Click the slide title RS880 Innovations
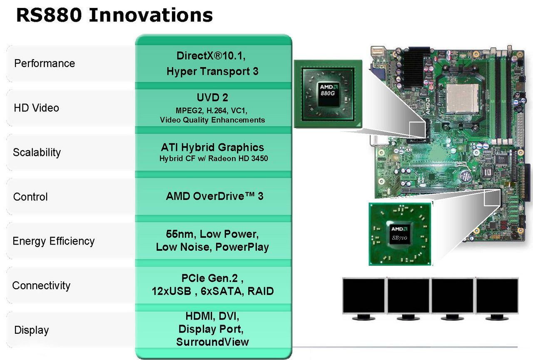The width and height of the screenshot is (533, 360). pyautogui.click(x=115, y=15)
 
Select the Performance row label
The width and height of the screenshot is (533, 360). pyautogui.click(x=45, y=64)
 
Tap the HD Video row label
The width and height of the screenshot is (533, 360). pyautogui.click(x=36, y=108)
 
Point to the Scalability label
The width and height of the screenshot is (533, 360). pyautogui.click(x=37, y=152)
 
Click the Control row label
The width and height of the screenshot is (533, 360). pyautogui.click(x=30, y=197)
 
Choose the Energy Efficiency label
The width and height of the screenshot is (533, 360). pyautogui.click(x=54, y=241)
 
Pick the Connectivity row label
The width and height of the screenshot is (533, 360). pyautogui.click(x=41, y=285)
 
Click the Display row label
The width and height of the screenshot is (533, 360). pyautogui.click(x=31, y=330)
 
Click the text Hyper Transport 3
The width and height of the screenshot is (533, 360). pyautogui.click(x=212, y=71)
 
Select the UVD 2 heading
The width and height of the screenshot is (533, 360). pyautogui.click(x=212, y=97)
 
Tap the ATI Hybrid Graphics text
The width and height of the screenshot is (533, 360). pyautogui.click(x=212, y=147)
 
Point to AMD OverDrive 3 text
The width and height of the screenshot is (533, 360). pyautogui.click(x=214, y=196)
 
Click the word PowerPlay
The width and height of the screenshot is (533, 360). pyautogui.click(x=242, y=247)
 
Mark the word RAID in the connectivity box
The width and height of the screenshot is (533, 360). pyautogui.click(x=261, y=291)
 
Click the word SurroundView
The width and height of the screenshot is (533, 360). pyautogui.click(x=212, y=342)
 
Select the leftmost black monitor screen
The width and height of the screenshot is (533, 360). pyautogui.click(x=364, y=296)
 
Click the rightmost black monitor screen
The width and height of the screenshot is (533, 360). pyautogui.click(x=497, y=296)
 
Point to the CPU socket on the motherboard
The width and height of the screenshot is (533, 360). pyautogui.click(x=462, y=98)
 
